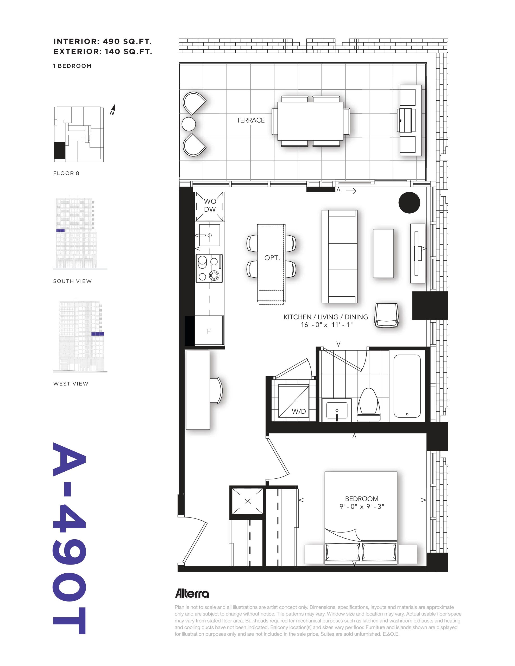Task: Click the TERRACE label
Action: (x=250, y=120)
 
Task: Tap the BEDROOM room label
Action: (x=361, y=498)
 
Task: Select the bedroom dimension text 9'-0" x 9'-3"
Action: (x=362, y=507)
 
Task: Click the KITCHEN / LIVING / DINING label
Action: (x=326, y=317)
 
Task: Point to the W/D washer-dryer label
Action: (x=299, y=411)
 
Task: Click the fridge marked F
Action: (x=209, y=331)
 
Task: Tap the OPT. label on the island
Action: (x=272, y=258)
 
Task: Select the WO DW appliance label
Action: (x=210, y=205)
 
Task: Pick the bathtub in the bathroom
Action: (x=407, y=386)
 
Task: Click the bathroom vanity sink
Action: (x=337, y=411)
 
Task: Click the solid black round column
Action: (x=409, y=202)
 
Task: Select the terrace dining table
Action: (x=310, y=121)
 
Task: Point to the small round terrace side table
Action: (x=189, y=124)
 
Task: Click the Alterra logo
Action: (x=192, y=593)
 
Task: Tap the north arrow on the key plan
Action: (x=113, y=110)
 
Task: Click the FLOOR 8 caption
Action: (x=66, y=173)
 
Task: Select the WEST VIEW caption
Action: (x=71, y=384)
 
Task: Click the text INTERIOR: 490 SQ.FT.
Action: (x=103, y=41)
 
